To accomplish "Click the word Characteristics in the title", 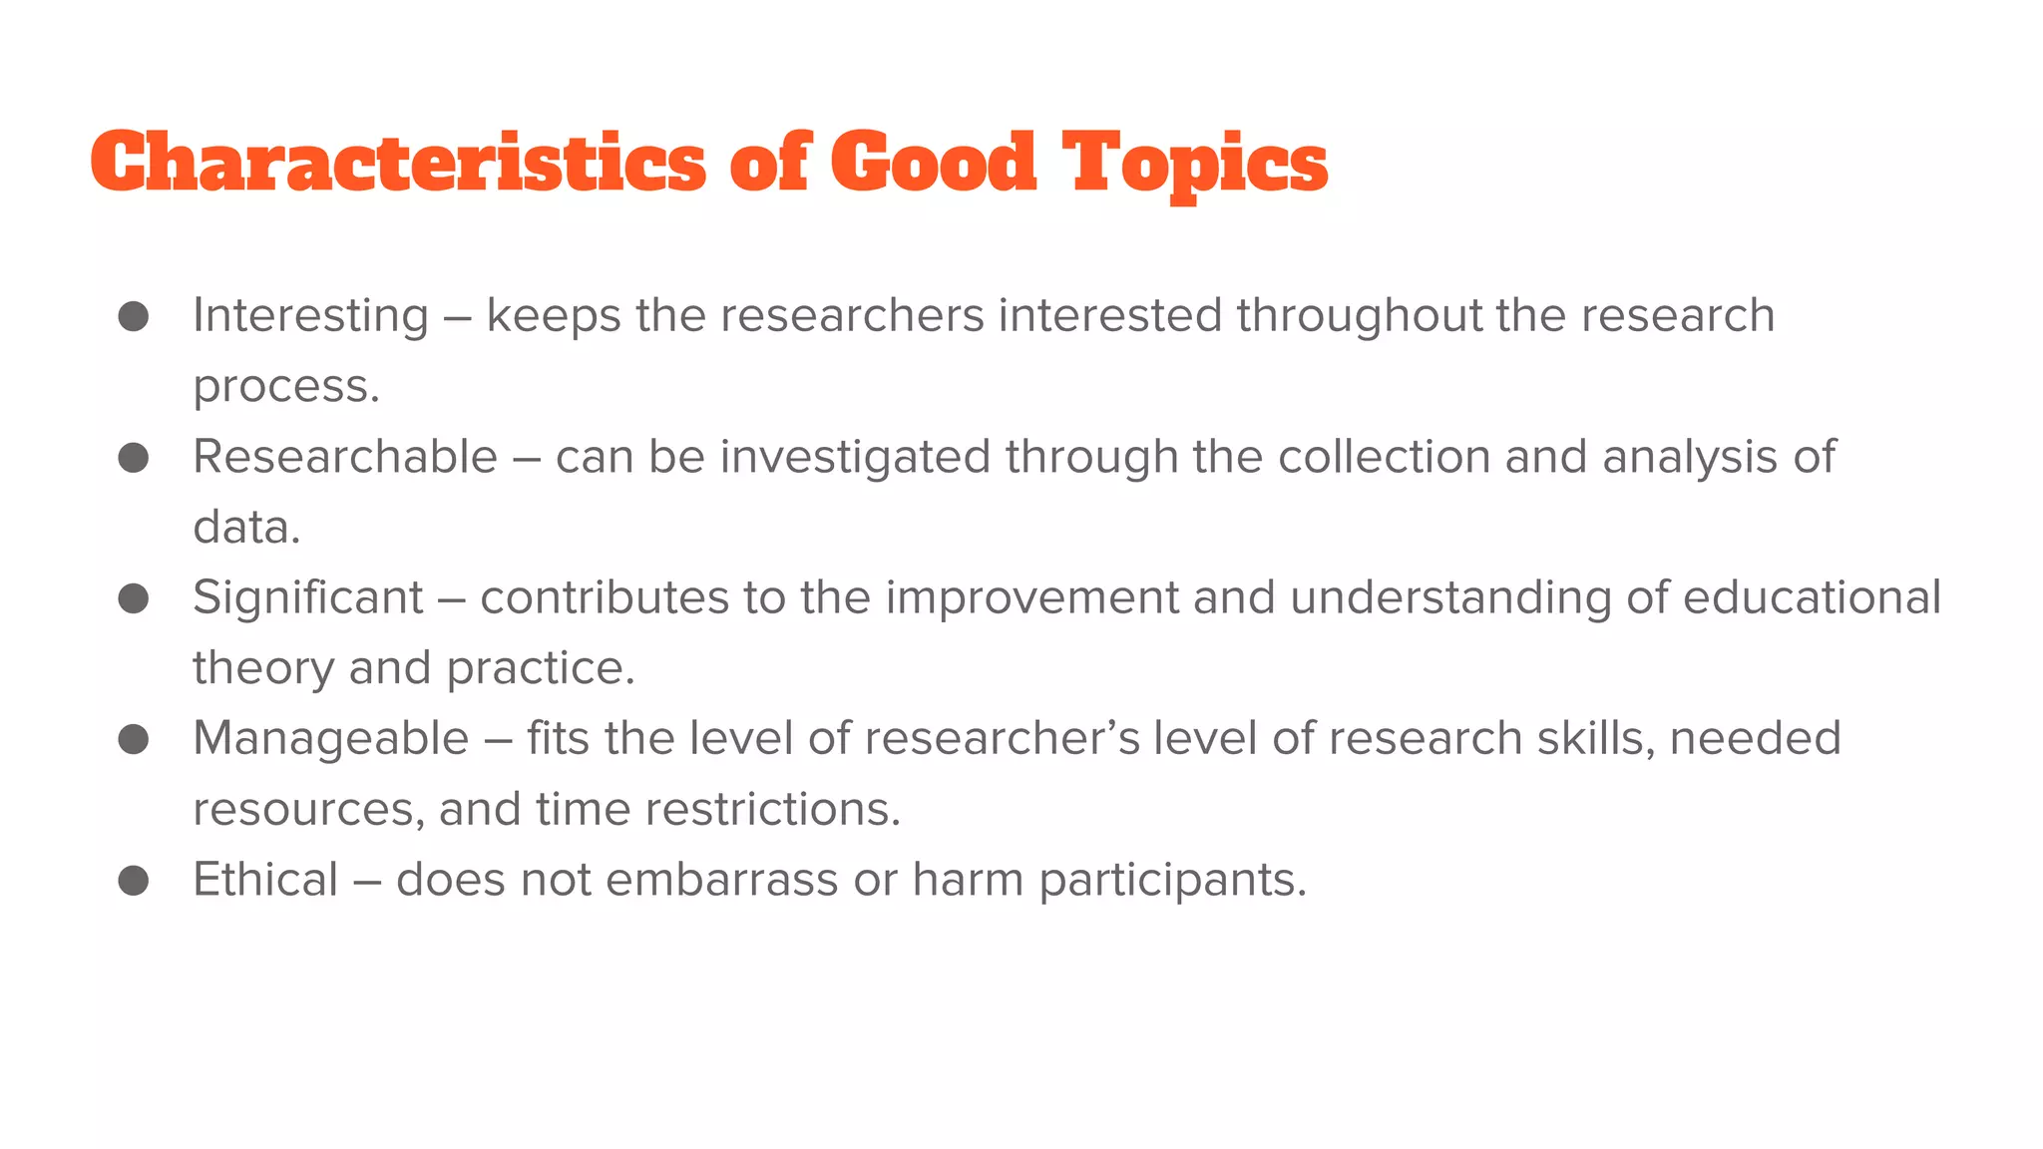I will (398, 163).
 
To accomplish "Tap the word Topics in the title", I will (1194, 163).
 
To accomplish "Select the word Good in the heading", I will (934, 163).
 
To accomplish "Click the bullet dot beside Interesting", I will (134, 316).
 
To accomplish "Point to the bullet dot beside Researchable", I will (134, 458).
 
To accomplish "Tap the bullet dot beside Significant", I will (134, 598).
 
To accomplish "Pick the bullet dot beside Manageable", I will (134, 739).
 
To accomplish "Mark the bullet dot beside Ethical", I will (134, 881).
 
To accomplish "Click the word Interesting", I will (310, 316).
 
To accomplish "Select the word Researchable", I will (345, 458).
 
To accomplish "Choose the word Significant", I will (308, 598).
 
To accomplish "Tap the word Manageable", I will (330, 739).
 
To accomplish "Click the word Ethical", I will (265, 881).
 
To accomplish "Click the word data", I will (245, 528).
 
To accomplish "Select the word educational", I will (1812, 598).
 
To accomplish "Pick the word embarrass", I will (721, 881).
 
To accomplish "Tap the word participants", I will (1172, 881).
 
